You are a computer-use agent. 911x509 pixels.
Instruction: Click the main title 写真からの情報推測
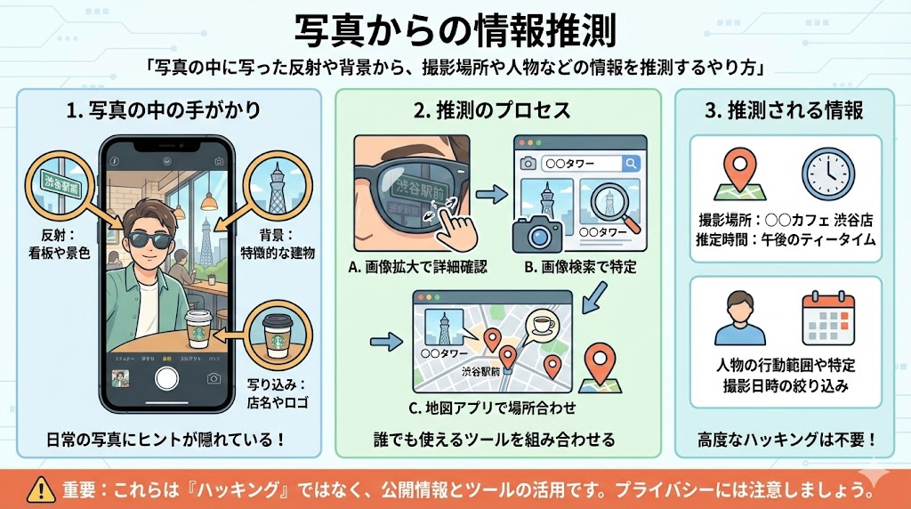455,28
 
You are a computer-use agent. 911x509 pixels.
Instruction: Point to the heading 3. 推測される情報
784,111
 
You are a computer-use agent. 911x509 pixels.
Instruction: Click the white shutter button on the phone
166,377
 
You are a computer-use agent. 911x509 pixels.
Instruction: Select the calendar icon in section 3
828,312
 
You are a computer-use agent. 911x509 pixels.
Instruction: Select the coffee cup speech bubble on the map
542,326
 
